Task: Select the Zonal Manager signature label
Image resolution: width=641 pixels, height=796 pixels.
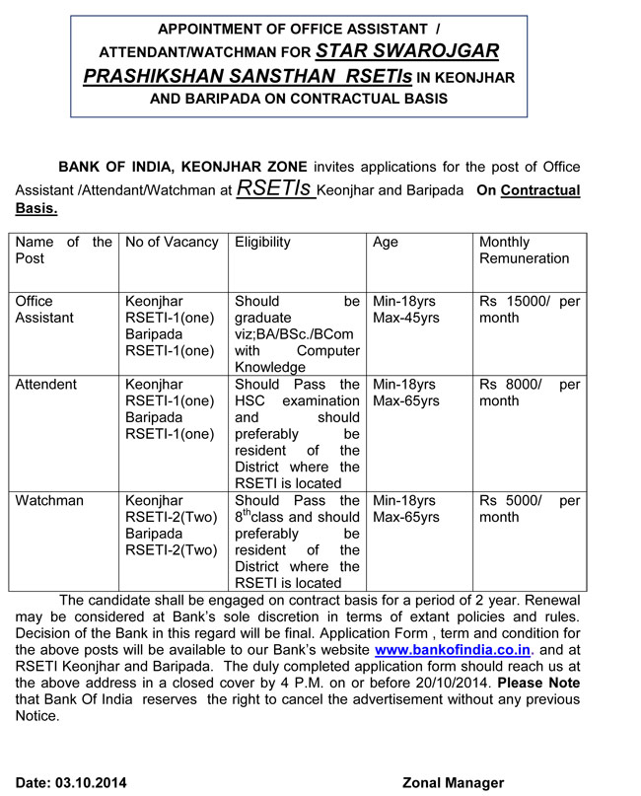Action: coord(453,783)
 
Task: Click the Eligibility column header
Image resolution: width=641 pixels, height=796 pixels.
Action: coord(262,243)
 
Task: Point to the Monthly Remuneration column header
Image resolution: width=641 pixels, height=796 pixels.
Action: coord(524,251)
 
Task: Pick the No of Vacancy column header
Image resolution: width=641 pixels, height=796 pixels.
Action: coord(168,243)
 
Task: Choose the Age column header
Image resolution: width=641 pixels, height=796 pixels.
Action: coord(386,243)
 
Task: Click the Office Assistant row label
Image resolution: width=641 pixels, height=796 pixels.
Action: coord(44,310)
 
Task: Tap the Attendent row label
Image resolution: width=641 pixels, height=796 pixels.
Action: coord(46,385)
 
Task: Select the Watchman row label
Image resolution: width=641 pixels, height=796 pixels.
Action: coord(49,501)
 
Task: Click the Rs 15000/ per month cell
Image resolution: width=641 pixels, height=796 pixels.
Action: coord(529,310)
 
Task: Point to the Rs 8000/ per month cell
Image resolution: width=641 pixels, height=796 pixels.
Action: coord(529,393)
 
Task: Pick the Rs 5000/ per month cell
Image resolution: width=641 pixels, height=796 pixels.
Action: coord(529,509)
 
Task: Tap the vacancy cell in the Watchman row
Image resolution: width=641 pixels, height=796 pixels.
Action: coord(169,526)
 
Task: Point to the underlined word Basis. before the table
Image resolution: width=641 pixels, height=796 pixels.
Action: coord(36,208)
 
